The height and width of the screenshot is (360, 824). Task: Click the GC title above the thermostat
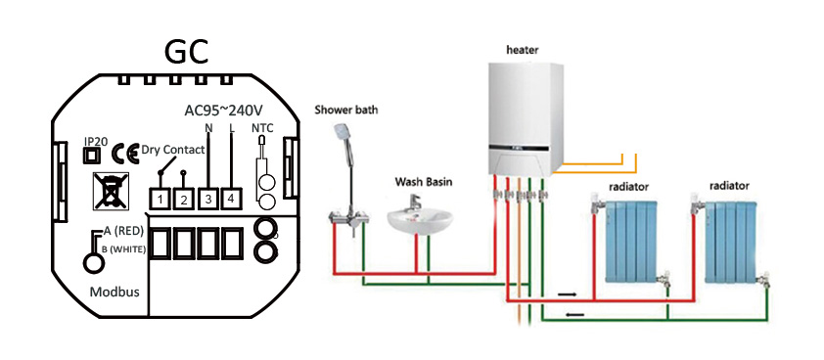(185, 51)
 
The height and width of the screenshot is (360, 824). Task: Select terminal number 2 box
(183, 200)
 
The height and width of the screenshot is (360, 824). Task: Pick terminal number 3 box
(206, 200)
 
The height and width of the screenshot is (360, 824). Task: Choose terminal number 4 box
(230, 200)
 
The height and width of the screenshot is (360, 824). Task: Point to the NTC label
(262, 127)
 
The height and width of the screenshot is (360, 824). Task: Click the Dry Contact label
(172, 150)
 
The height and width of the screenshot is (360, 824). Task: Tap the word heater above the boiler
(524, 49)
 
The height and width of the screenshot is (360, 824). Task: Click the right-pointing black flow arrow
(568, 292)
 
